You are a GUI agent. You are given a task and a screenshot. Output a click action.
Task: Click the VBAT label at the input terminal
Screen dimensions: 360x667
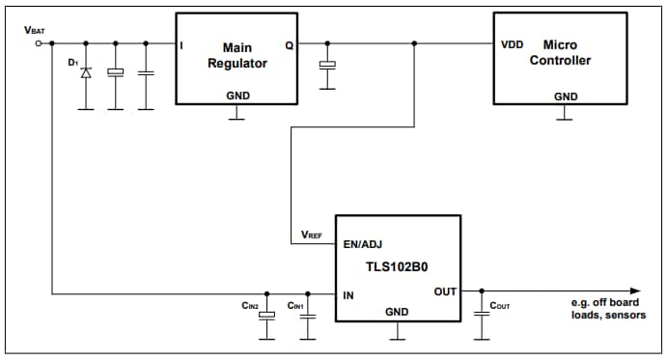(x=33, y=31)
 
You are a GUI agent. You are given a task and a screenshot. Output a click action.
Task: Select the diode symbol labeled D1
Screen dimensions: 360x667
(x=86, y=73)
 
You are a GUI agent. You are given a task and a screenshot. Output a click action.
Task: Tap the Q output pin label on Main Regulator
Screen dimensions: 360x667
(x=290, y=44)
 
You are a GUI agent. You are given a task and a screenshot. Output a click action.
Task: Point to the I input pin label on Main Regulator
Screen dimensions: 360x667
(x=182, y=44)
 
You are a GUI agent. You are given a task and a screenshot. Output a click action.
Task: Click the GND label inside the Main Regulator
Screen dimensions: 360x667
(x=236, y=96)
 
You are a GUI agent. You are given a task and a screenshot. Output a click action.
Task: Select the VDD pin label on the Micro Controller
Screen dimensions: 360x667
(x=513, y=44)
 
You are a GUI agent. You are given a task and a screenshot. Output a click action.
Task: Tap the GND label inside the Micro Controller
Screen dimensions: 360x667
(x=566, y=97)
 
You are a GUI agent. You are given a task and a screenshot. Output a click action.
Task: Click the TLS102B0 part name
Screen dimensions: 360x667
(x=397, y=268)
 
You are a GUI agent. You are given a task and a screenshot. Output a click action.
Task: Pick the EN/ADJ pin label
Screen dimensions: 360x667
(x=363, y=245)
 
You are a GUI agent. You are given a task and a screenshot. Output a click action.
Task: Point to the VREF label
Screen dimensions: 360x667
(x=312, y=235)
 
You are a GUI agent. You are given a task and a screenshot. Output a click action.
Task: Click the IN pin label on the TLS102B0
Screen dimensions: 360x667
(x=348, y=294)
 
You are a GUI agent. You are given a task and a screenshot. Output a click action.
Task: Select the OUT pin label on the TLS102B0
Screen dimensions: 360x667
(x=445, y=291)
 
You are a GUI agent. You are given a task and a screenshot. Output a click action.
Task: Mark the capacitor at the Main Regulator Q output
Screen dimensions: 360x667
(x=328, y=65)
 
